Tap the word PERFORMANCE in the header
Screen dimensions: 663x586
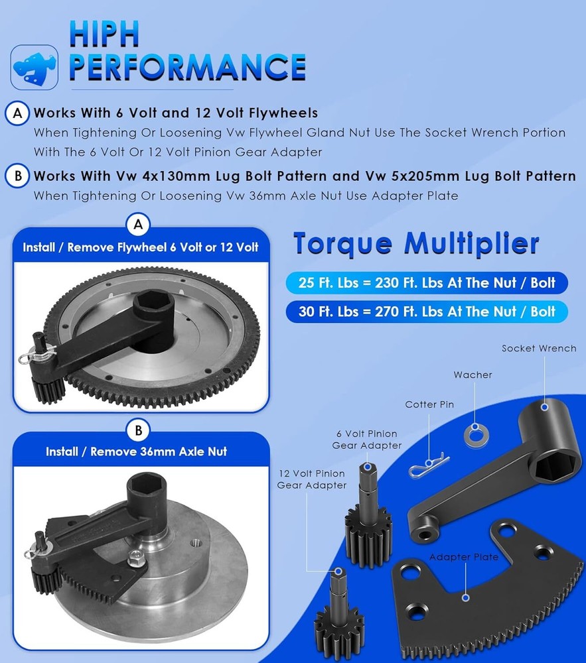coord(187,68)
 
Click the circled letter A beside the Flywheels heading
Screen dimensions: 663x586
coord(17,113)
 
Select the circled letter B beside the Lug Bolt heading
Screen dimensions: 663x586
coord(17,176)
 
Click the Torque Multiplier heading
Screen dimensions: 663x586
coord(416,244)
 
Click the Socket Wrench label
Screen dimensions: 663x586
coord(538,348)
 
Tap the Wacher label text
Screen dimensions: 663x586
coord(473,375)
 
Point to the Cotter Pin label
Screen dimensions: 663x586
coord(429,404)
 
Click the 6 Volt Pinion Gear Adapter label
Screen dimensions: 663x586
coord(366,440)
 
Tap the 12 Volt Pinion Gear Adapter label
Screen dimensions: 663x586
coord(311,479)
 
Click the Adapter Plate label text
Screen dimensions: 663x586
coord(463,557)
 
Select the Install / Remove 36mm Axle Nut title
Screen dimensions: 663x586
coord(137,452)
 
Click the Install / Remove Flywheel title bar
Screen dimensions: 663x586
coord(140,247)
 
